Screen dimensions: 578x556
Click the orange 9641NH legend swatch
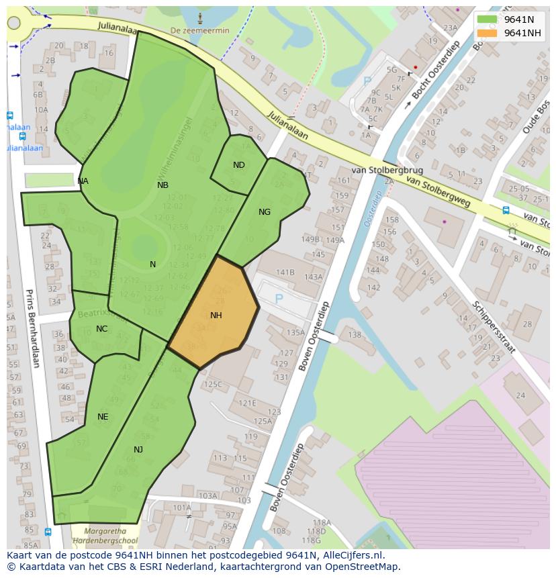pyautogui.click(x=487, y=33)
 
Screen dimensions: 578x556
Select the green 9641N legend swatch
pyautogui.click(x=487, y=19)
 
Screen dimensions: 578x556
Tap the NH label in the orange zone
pyautogui.click(x=216, y=316)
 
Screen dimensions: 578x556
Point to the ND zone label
pyautogui.click(x=239, y=165)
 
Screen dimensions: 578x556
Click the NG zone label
pyautogui.click(x=265, y=212)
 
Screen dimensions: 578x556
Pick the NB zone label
pyautogui.click(x=163, y=185)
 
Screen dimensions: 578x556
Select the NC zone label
pyautogui.click(x=101, y=329)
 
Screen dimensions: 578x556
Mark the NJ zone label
pyautogui.click(x=138, y=450)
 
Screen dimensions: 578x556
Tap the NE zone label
pyautogui.click(x=103, y=417)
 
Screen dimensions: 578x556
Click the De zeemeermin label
pyautogui.click(x=199, y=31)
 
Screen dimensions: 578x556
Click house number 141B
pyautogui.click(x=285, y=272)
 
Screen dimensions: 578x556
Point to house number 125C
pyautogui.click(x=213, y=385)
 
